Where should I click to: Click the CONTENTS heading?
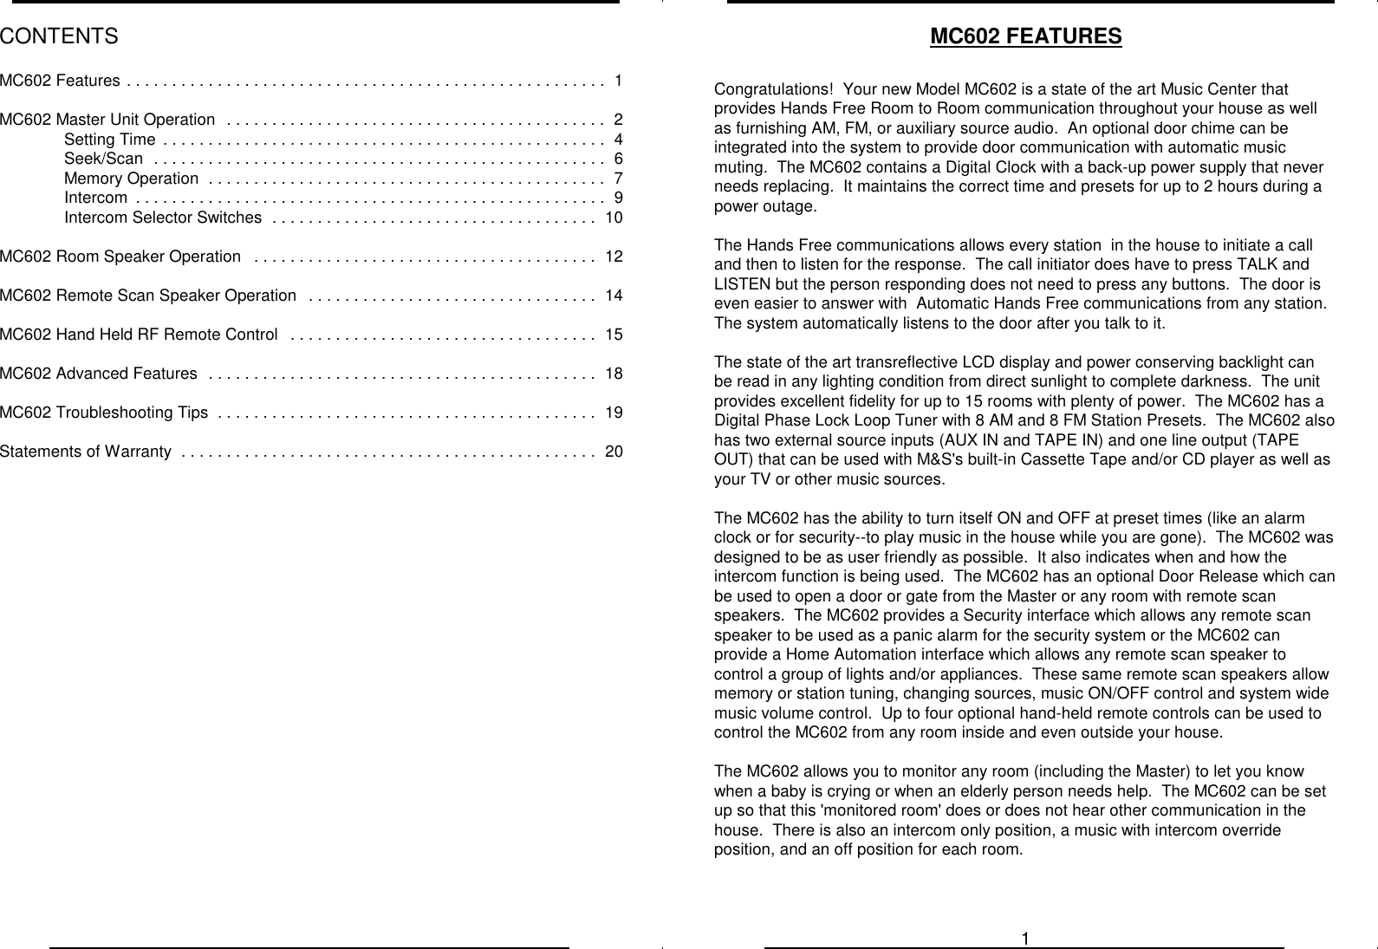click(x=59, y=36)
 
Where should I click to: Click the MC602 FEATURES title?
click(x=1025, y=36)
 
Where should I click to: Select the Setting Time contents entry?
click(x=110, y=140)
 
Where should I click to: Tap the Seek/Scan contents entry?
click(x=103, y=159)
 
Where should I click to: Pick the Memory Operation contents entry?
click(x=131, y=179)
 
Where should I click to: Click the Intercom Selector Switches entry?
click(x=163, y=218)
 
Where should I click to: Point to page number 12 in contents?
click(x=614, y=257)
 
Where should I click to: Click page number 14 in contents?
click(x=614, y=296)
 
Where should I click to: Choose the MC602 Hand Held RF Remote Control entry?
click(x=139, y=335)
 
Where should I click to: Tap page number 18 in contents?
click(x=614, y=374)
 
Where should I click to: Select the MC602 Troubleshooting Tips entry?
click(x=104, y=413)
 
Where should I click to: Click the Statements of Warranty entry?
click(x=86, y=452)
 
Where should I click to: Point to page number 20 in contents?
click(x=614, y=452)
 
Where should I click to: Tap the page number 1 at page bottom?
click(x=1024, y=939)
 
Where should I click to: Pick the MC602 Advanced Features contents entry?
click(x=98, y=374)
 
